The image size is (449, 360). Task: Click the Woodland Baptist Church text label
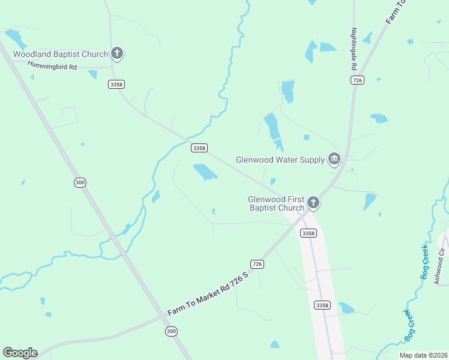pos(61,54)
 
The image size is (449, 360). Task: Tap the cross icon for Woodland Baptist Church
pos(117,54)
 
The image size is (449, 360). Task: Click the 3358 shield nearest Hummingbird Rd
pos(116,85)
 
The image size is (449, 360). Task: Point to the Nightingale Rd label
pos(354,50)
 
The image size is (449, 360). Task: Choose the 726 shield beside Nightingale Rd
pos(358,80)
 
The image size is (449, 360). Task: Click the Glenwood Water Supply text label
pos(280,160)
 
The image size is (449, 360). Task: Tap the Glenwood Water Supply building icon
pos(334,159)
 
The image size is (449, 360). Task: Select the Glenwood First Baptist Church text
pos(277,203)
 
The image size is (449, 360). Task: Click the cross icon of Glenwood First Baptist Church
pos(313,203)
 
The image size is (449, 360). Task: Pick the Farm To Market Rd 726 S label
pos(208,292)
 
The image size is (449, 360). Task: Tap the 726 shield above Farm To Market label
pos(257,264)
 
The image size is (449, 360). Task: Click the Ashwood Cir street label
pos(441,264)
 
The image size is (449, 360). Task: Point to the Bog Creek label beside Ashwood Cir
pos(424,262)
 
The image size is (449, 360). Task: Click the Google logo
pos(20,353)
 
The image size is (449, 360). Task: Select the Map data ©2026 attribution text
pos(423,355)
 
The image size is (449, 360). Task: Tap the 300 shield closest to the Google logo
pos(172,331)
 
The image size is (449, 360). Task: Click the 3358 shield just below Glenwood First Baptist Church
pos(308,233)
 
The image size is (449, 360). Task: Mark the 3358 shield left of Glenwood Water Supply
pos(199,148)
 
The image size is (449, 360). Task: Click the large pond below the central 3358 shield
pos(205,172)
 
